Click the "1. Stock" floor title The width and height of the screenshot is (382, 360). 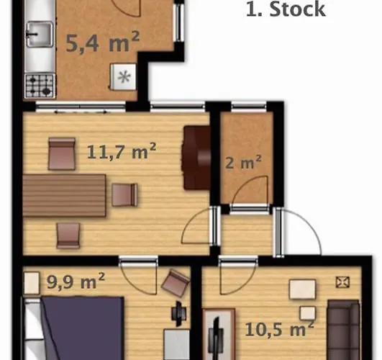[x=286, y=9]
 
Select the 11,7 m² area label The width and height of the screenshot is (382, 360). [x=122, y=151]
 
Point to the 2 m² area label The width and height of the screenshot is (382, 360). [x=243, y=162]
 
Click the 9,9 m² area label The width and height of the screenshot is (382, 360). [x=76, y=281]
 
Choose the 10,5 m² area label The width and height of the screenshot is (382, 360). [x=279, y=329]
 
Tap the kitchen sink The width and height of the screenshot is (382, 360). [x=40, y=34]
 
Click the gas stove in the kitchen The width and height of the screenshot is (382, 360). [x=40, y=86]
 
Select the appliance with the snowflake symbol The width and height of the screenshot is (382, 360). [x=123, y=77]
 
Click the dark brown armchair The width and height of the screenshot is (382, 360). [x=196, y=158]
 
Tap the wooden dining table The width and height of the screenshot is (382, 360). [x=64, y=195]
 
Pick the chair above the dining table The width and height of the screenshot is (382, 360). [x=62, y=153]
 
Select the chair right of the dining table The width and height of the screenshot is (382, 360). [x=124, y=195]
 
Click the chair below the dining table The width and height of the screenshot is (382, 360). [x=68, y=235]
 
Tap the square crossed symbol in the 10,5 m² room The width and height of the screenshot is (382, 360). [x=342, y=282]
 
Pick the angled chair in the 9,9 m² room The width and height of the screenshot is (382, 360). [x=176, y=283]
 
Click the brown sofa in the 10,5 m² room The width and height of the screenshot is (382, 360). [x=343, y=330]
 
